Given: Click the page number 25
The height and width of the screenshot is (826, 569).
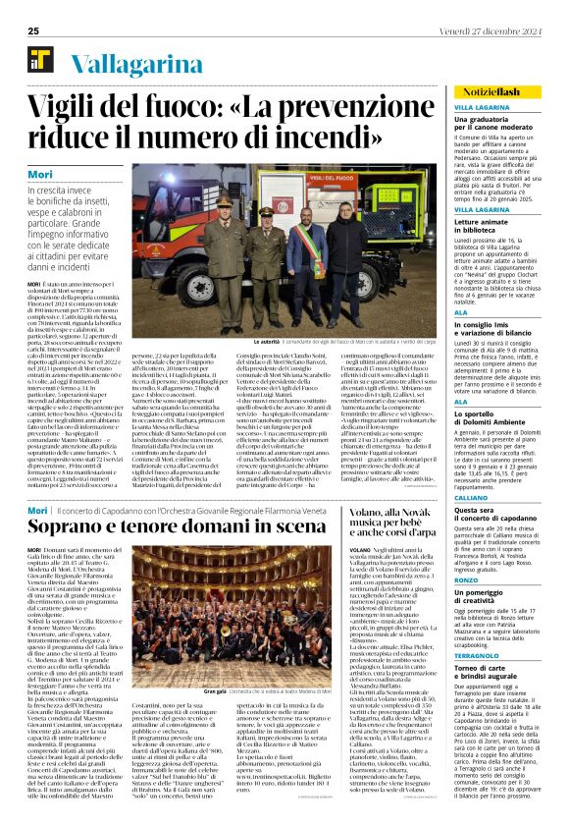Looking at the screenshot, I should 33,31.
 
